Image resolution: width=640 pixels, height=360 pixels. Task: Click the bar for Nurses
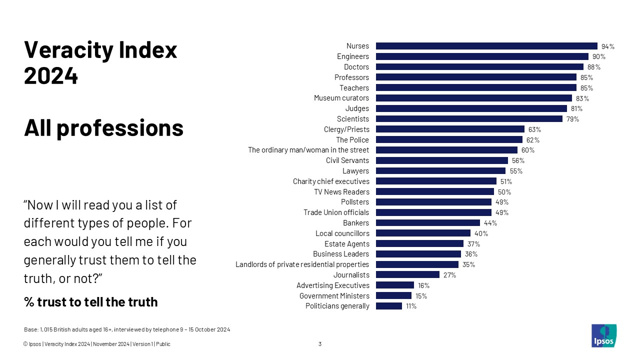click(486, 46)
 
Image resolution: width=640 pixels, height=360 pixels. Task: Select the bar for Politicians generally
click(389, 306)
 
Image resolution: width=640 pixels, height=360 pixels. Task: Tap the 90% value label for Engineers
click(599, 56)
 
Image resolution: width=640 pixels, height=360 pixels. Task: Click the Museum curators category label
click(341, 98)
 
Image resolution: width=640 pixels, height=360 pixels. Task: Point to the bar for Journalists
click(407, 274)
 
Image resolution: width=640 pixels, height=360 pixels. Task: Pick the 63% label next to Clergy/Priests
click(534, 129)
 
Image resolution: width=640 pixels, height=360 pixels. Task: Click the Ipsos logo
click(603, 335)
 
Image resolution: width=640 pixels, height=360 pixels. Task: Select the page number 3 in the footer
click(320, 344)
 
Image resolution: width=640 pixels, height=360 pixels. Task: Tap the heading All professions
click(103, 128)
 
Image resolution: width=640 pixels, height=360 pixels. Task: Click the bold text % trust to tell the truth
click(90, 302)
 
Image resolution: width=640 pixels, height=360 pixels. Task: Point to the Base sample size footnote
click(127, 329)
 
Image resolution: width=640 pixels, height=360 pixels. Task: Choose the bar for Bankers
click(427, 223)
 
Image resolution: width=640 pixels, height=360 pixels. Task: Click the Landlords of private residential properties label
click(302, 264)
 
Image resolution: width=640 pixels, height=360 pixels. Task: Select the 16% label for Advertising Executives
click(424, 285)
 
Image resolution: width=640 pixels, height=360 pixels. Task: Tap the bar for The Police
click(449, 139)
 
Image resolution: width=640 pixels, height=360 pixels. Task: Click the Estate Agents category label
click(347, 244)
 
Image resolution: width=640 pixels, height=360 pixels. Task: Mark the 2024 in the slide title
click(51, 76)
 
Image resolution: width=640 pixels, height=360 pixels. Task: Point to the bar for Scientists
click(469, 119)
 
